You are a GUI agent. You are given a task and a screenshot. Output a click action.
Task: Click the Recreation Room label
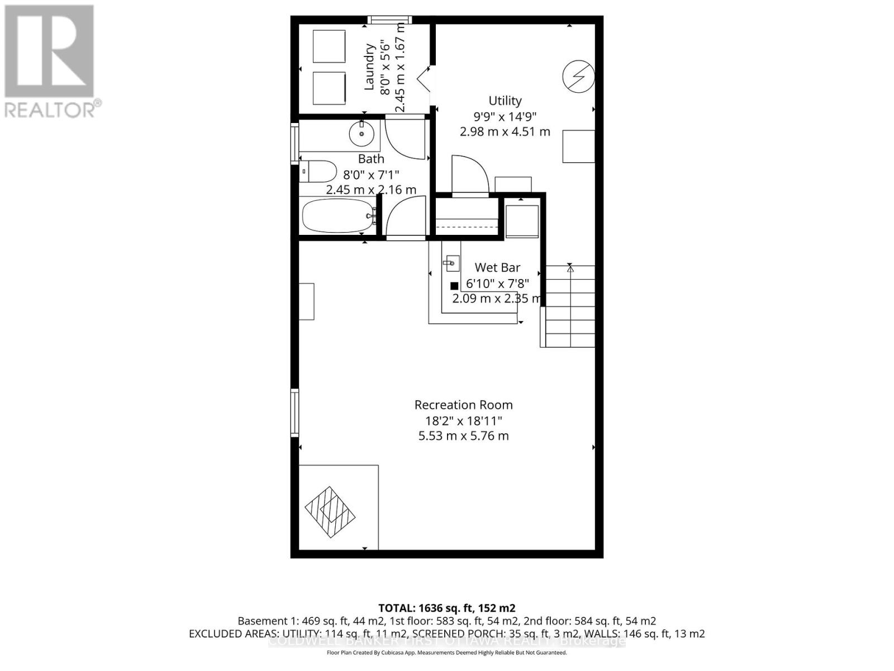tap(463, 405)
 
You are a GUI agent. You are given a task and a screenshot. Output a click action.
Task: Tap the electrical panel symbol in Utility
tap(578, 76)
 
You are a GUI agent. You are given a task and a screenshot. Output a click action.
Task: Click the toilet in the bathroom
tap(319, 172)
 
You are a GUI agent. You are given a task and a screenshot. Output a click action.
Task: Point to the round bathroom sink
tap(361, 134)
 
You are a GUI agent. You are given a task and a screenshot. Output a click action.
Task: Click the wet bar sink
tap(451, 262)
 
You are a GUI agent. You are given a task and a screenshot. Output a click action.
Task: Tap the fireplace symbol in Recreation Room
tap(330, 512)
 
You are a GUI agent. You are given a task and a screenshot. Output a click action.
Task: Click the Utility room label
tap(505, 101)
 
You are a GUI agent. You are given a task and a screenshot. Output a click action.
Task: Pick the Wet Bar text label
tap(497, 268)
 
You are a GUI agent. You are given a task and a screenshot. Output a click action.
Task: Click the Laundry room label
tap(369, 67)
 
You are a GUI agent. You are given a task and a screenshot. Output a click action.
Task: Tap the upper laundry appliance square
tap(329, 46)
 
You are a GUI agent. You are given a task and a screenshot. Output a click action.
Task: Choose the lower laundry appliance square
tap(329, 88)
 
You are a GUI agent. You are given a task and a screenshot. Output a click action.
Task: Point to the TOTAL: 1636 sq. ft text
tap(446, 608)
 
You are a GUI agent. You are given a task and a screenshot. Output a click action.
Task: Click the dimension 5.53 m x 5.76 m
tap(463, 436)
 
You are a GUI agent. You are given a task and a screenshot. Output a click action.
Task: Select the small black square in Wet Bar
tap(454, 286)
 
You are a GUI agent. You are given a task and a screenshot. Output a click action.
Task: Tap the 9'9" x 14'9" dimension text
tap(505, 116)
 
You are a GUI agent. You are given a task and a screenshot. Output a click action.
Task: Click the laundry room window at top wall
tap(389, 20)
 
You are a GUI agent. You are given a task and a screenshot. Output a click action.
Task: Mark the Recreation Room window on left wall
tap(294, 413)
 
